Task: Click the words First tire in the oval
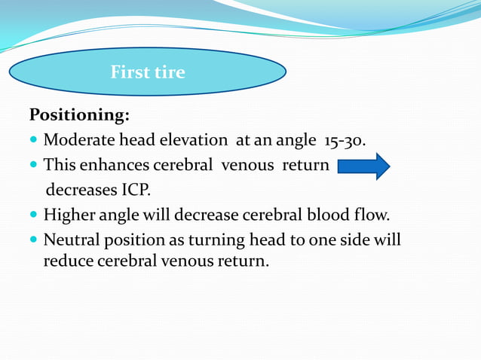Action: click(x=148, y=72)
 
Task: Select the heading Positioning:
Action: click(x=79, y=115)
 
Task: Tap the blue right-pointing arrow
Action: click(x=363, y=165)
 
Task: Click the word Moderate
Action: click(x=78, y=140)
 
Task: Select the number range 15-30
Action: click(x=345, y=140)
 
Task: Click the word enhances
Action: click(x=118, y=165)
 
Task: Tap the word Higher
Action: click(x=69, y=215)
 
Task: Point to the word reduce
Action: click(x=67, y=263)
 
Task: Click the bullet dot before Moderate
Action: click(x=33, y=141)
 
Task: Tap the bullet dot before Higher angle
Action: click(x=33, y=215)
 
